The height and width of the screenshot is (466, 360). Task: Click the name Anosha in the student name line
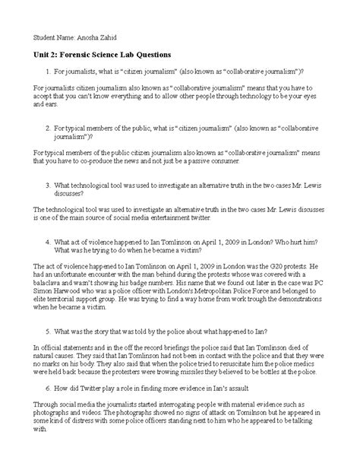[x=90, y=35]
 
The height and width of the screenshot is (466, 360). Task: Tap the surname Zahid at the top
[x=114, y=35]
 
